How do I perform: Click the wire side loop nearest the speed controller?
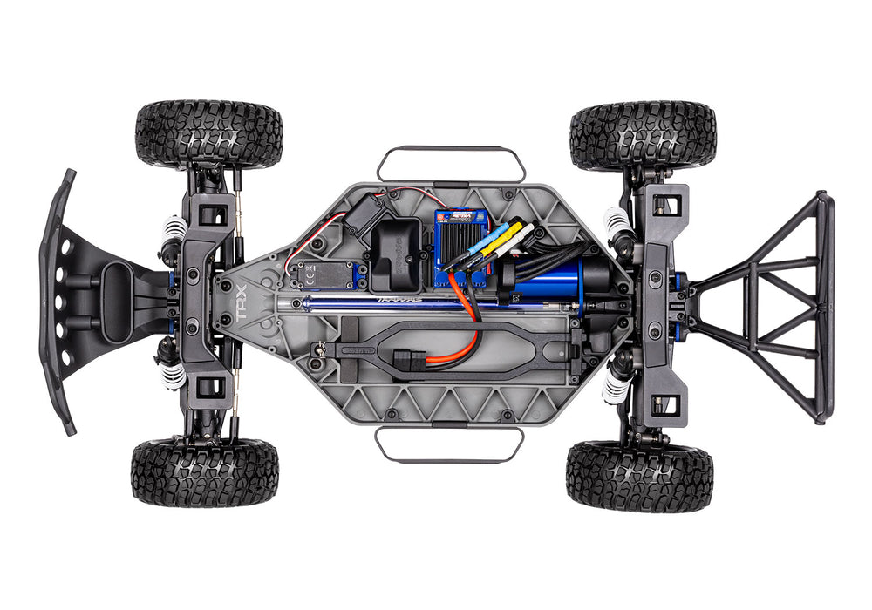point(450,162)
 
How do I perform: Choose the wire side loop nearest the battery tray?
point(450,444)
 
